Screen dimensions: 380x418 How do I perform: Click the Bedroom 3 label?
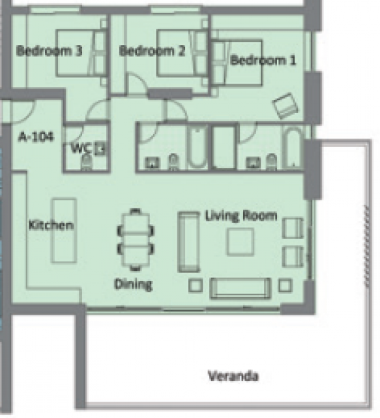point(50,50)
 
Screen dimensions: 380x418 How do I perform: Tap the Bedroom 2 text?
point(152,50)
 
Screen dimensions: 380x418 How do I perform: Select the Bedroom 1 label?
point(263,60)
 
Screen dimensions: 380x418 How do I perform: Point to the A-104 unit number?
point(36,137)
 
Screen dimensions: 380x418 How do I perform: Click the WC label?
point(81,148)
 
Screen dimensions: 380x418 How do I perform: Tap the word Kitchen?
point(51,225)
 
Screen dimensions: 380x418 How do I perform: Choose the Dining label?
point(134,285)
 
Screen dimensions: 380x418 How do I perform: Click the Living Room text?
point(241,216)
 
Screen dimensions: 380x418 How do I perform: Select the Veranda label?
point(233,376)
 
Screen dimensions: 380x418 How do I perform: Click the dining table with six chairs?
point(136,239)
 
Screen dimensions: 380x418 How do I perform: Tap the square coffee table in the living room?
point(240,242)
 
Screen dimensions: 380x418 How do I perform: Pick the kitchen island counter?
point(65,231)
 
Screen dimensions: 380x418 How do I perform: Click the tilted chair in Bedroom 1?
point(285,106)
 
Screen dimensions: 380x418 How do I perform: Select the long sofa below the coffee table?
point(241,289)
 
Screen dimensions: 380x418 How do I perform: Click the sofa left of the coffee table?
point(188,242)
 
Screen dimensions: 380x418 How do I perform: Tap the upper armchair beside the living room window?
point(293,228)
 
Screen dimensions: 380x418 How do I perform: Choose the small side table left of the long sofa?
point(196,285)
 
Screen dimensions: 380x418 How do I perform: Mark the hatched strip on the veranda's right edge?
point(367,246)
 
